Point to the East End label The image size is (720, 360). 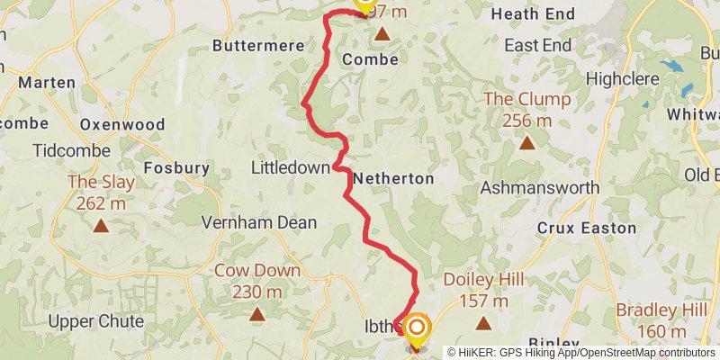pos(538,45)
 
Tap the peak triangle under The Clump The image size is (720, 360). pos(526,142)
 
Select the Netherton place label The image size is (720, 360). pos(393,179)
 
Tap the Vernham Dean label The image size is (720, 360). pos(247,221)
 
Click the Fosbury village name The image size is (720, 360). pos(177,167)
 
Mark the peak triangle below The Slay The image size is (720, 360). pos(101,226)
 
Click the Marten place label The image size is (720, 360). pos(47,82)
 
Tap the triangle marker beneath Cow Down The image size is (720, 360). pos(257,314)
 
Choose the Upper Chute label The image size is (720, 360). pos(96,321)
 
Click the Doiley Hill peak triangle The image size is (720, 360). pos(484,322)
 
